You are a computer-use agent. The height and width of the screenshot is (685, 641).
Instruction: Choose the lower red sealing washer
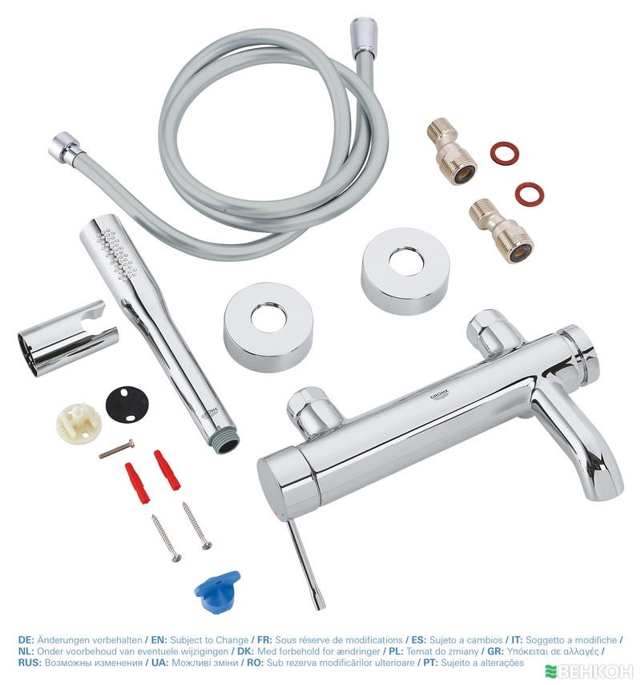[x=528, y=192]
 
